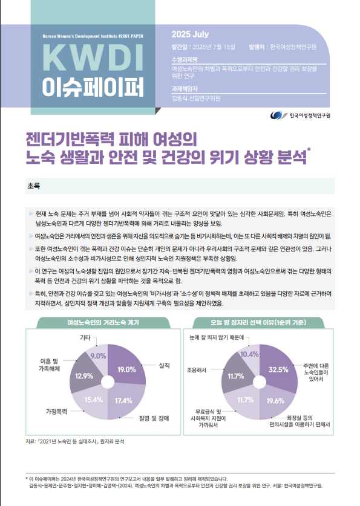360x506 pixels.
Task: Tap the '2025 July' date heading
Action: [x=190, y=34]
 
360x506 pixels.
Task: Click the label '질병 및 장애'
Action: [x=154, y=418]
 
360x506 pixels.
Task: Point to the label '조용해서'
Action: [x=197, y=371]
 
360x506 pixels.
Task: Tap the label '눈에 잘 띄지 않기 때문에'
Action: [x=217, y=337]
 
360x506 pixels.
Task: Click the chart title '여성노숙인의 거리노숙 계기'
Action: [x=103, y=322]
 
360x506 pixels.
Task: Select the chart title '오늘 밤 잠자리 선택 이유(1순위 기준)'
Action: [x=258, y=322]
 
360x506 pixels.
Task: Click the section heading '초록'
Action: [x=33, y=186]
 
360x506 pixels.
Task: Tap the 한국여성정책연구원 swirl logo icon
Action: [x=279, y=115]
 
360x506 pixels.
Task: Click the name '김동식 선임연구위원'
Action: [x=196, y=99]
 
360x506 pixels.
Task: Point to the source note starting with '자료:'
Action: [x=75, y=441]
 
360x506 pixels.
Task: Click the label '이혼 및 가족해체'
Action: [x=50, y=365]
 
